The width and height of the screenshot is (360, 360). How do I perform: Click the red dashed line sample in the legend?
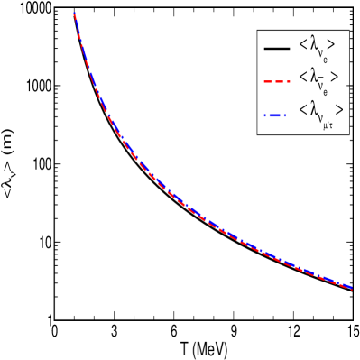[x=276, y=82]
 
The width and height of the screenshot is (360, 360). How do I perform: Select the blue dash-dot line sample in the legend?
[x=274, y=115]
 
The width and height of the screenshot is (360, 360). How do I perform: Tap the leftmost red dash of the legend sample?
[x=267, y=82]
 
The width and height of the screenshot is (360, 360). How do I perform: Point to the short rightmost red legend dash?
[x=288, y=82]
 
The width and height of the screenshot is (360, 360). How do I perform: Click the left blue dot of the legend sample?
[x=265, y=115]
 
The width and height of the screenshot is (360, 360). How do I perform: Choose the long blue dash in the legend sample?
[x=274, y=115]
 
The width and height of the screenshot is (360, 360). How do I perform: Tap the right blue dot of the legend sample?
[x=284, y=115]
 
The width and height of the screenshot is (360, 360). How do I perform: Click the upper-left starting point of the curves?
[x=74, y=14]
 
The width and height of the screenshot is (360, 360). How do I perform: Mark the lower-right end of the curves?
[x=351, y=288]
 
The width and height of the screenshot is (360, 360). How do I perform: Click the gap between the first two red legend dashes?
[x=272, y=82]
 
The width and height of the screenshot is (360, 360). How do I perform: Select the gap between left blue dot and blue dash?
[x=268, y=115]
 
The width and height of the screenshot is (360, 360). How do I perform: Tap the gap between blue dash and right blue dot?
[x=282, y=115]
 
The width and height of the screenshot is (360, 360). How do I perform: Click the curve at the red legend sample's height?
[x=93, y=82]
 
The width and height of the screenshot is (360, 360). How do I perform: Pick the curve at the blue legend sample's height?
[x=108, y=115]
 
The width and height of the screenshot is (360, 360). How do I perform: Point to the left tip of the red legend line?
[x=263, y=82]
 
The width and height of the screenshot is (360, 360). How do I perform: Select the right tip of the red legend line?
[x=290, y=82]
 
